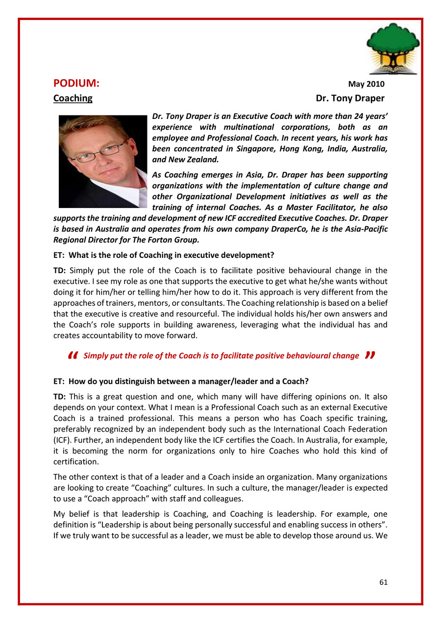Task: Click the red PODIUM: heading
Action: click(76, 84)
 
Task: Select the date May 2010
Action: click(366, 85)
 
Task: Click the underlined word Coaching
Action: click(73, 98)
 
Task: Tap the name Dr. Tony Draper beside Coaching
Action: click(350, 98)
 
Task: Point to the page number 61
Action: click(383, 582)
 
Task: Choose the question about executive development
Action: click(163, 255)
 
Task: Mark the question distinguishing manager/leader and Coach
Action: click(181, 381)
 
